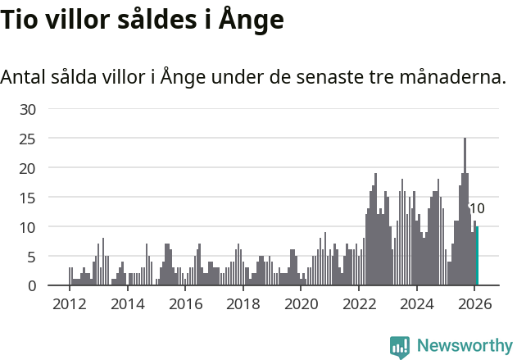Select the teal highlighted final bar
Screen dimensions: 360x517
tap(477, 256)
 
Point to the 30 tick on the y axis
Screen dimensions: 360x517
tap(28, 109)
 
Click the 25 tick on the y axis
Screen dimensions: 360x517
tap(28, 139)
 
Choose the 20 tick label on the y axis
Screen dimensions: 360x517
tap(28, 168)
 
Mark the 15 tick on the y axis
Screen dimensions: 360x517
tap(28, 198)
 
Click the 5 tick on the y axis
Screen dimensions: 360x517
tap(32, 257)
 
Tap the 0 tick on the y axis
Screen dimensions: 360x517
tap(32, 286)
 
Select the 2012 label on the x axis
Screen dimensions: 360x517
tap(70, 303)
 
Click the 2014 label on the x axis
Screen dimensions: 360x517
tap(127, 303)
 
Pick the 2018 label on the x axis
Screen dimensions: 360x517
tap(243, 303)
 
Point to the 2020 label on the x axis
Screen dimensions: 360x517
tap(301, 303)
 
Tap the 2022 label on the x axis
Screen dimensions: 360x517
tap(359, 303)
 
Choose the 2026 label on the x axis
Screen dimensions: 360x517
tap(474, 303)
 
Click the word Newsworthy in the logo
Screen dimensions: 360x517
tap(464, 346)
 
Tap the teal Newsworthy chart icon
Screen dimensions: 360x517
tap(400, 347)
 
